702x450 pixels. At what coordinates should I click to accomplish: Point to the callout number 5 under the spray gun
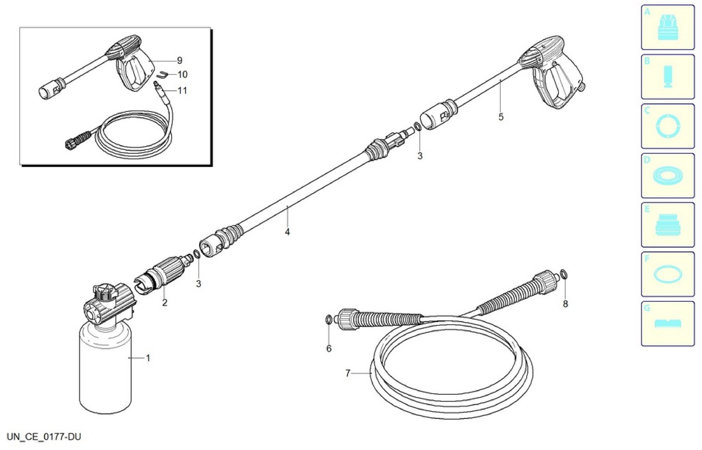click(501, 117)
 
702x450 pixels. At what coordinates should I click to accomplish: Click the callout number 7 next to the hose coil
click(348, 373)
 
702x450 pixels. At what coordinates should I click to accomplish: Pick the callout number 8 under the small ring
click(565, 304)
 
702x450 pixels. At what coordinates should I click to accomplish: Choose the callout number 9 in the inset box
click(180, 60)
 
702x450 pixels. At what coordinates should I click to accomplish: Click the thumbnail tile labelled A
click(668, 27)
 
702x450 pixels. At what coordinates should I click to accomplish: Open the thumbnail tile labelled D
click(668, 176)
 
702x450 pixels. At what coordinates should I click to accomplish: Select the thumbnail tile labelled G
click(668, 324)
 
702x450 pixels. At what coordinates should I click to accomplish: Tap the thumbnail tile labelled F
click(668, 274)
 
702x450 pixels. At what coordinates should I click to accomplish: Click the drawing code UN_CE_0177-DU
click(44, 437)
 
